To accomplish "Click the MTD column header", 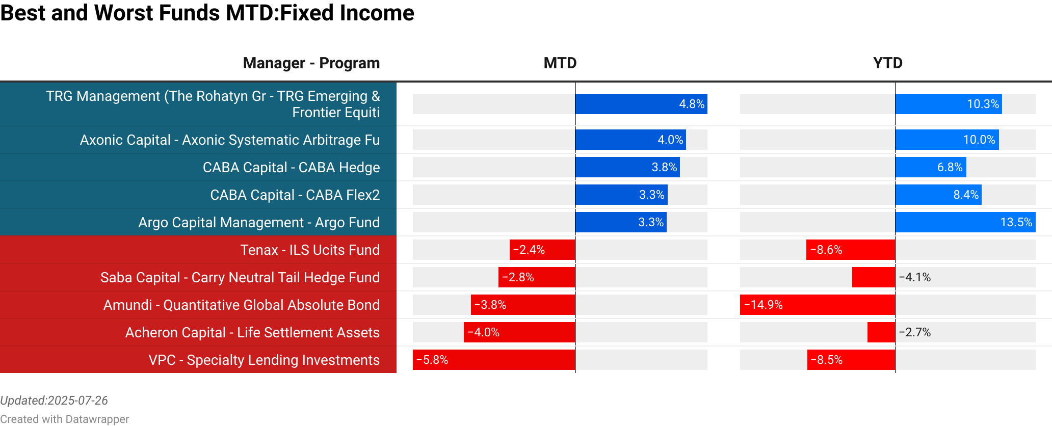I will (x=560, y=63).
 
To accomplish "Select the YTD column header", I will (x=887, y=63).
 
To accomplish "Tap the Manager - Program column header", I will (x=311, y=63).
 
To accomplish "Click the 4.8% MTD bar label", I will (x=691, y=104).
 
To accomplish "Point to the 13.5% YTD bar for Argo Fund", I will (x=965, y=222).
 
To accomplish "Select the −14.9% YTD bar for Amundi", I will (x=818, y=305).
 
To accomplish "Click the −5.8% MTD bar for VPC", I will (x=493, y=360).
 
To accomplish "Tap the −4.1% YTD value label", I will (x=914, y=277).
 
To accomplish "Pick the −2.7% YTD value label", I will (x=914, y=332).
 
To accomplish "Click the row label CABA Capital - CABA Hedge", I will (x=291, y=167).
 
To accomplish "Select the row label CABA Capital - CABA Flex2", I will (x=295, y=195).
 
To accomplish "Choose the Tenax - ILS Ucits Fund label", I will (x=310, y=250).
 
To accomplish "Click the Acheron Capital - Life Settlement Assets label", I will (x=252, y=332).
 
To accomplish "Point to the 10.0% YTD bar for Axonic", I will (x=946, y=140).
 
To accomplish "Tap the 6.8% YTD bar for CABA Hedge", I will (x=930, y=167).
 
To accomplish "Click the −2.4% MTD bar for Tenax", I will (x=542, y=250).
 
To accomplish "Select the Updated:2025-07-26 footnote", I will (x=54, y=401).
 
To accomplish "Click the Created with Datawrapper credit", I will (x=64, y=419).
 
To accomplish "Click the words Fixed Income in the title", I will (x=347, y=13).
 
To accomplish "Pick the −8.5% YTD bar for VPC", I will (x=851, y=360).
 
